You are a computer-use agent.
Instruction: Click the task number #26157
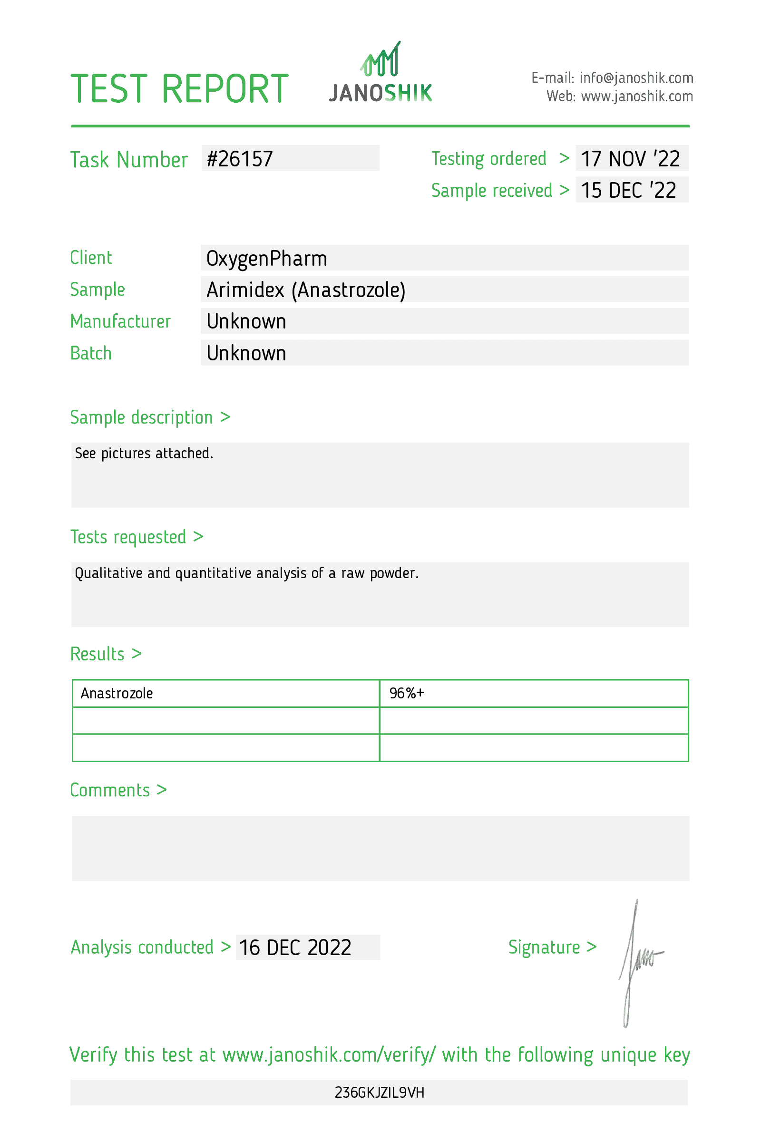(x=240, y=159)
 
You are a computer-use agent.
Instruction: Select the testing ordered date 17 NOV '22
(x=630, y=159)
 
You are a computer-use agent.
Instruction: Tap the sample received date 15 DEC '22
(x=628, y=190)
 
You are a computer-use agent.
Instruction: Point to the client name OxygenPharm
(x=266, y=259)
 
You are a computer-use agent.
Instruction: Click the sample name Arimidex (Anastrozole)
(x=306, y=290)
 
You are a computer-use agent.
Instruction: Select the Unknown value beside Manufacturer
(x=246, y=321)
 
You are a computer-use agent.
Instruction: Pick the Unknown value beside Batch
(x=246, y=353)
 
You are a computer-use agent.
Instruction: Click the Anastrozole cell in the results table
(x=117, y=693)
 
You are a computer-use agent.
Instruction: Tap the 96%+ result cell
(x=407, y=693)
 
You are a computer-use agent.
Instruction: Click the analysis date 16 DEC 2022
(x=295, y=948)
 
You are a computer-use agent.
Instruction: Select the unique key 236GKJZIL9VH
(x=380, y=1093)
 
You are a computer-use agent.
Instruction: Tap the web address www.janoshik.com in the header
(x=637, y=97)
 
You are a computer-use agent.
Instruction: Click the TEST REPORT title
(x=180, y=89)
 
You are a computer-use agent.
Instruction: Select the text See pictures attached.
(x=144, y=454)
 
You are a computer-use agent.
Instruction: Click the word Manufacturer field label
(x=120, y=321)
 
